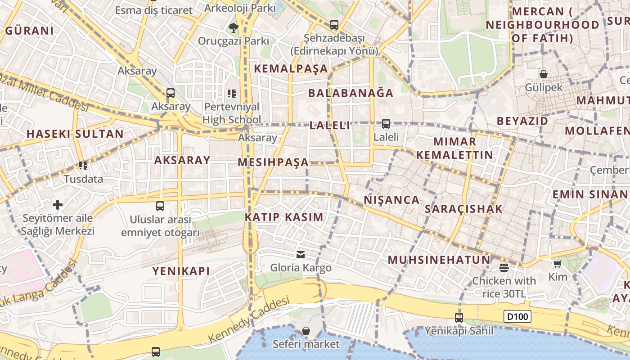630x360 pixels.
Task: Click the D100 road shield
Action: click(517, 317)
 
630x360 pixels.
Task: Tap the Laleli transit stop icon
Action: click(386, 124)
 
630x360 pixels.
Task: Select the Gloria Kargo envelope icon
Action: click(301, 255)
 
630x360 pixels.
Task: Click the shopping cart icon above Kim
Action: click(558, 264)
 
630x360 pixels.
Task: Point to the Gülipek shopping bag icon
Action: click(544, 74)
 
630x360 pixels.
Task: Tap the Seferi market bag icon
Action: click(306, 331)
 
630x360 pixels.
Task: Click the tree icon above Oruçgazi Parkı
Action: click(233, 28)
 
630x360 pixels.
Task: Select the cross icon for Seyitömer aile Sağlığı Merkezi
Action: click(58, 205)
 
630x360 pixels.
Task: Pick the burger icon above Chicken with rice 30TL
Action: click(504, 268)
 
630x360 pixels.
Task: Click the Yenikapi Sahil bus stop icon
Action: click(459, 318)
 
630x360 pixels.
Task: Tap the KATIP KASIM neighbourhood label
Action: click(284, 217)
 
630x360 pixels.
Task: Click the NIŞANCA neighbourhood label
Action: click(391, 200)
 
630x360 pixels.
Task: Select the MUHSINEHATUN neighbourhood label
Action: click(439, 260)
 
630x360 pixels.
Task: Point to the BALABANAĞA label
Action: click(351, 93)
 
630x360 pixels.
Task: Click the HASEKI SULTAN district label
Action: click(75, 134)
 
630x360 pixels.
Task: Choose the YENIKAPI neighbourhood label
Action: click(181, 271)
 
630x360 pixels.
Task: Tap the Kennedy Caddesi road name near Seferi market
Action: click(249, 320)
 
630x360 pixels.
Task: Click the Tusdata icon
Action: click(83, 166)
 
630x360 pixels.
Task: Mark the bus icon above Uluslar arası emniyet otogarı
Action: click(160, 206)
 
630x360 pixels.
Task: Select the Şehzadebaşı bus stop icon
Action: click(334, 25)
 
